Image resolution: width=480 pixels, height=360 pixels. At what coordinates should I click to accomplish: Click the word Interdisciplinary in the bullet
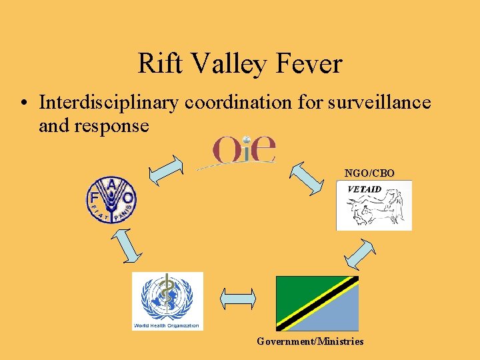click(x=111, y=103)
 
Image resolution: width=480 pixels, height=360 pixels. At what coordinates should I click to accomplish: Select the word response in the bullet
click(x=94, y=125)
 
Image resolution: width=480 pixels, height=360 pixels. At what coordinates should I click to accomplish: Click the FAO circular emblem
click(x=111, y=199)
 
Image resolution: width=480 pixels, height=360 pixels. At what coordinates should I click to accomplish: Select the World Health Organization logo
click(x=167, y=301)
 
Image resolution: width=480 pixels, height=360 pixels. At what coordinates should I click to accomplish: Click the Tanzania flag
click(x=317, y=303)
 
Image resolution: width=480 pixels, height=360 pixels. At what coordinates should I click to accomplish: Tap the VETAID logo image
click(x=374, y=205)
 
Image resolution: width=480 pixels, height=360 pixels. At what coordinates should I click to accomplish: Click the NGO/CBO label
click(x=369, y=173)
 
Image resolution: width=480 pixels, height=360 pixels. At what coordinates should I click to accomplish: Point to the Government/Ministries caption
click(x=311, y=341)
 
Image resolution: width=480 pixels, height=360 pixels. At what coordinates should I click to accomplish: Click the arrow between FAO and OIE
click(x=166, y=171)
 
